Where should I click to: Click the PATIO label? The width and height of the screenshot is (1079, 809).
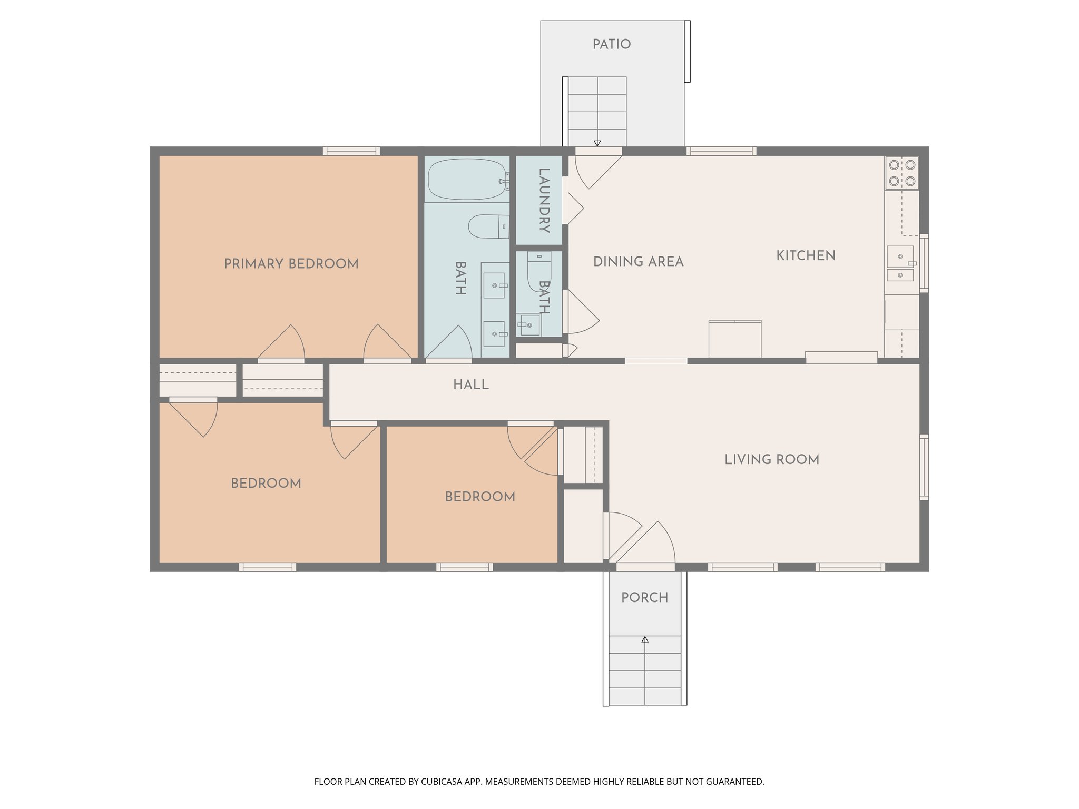(611, 44)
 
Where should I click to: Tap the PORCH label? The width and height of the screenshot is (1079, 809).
(644, 597)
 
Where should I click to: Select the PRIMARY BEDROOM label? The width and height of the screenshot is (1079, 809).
(291, 263)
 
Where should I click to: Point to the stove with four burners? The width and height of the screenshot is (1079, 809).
(901, 173)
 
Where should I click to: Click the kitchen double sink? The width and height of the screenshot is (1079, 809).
(900, 263)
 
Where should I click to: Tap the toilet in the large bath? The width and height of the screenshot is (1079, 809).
(488, 226)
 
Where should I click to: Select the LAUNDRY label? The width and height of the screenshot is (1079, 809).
(544, 200)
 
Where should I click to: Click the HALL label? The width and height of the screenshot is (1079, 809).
(470, 384)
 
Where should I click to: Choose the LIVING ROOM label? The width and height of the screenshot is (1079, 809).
(771, 459)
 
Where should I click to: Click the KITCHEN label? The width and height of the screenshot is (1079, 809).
(806, 255)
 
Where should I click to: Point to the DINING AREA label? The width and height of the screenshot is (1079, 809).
(638, 261)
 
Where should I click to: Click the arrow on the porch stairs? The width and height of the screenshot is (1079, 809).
(645, 640)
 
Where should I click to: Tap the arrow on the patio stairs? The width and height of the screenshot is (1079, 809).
(597, 143)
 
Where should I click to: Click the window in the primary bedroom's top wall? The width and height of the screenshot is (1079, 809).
(351, 151)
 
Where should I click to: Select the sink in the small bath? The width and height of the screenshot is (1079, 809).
(528, 325)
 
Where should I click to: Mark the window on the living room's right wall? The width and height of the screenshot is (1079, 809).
(924, 467)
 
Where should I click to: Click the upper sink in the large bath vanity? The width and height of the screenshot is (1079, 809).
(494, 285)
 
